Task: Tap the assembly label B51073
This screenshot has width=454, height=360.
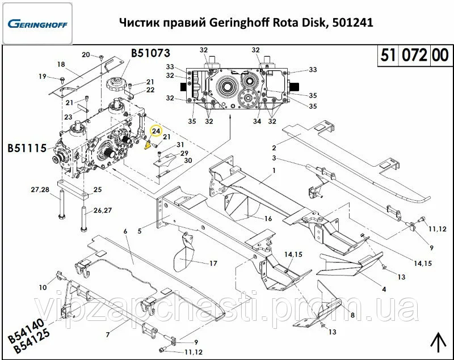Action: (151, 54)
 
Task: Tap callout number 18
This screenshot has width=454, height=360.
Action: (61, 64)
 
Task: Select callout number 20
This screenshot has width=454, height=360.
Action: (86, 55)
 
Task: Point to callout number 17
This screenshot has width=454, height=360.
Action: (213, 263)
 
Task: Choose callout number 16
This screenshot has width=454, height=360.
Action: (268, 218)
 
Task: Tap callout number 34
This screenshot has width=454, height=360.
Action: (257, 121)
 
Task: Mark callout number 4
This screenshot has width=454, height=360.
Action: (384, 289)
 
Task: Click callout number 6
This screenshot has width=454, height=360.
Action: (125, 231)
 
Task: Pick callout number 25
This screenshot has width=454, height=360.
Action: (98, 189)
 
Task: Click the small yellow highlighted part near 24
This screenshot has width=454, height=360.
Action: (148, 145)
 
